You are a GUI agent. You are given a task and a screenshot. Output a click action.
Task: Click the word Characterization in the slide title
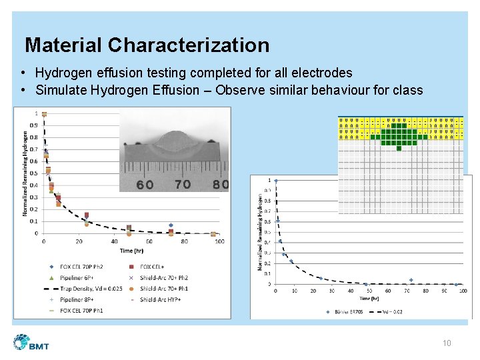coord(189,45)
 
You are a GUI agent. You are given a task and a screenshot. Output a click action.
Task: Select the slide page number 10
coord(447,343)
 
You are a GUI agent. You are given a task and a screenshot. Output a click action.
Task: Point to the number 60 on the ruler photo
coord(145,185)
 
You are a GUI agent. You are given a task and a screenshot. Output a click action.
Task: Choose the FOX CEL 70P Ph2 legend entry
coord(83,267)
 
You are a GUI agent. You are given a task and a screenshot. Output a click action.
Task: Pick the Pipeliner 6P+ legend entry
coord(77,278)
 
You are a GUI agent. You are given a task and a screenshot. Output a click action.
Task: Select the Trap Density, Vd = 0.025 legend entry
coord(89,289)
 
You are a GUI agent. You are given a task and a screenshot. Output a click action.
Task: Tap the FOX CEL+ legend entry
coord(154,267)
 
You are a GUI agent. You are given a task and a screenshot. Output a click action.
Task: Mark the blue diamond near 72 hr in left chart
coord(171,225)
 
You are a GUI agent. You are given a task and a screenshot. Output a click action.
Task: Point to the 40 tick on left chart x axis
coord(115,241)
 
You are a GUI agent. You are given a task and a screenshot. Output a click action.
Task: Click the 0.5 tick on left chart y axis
coord(33,173)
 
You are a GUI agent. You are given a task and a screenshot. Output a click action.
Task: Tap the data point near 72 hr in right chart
coord(411,280)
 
